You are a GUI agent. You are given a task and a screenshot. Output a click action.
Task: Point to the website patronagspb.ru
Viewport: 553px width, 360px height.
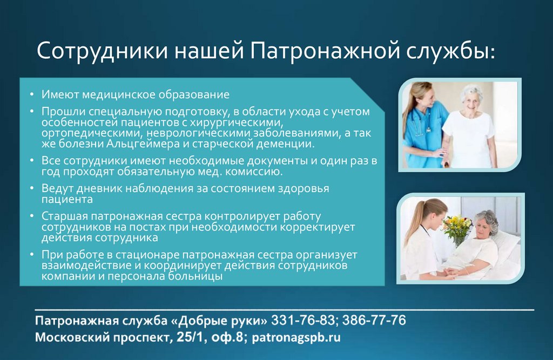(x=296, y=338)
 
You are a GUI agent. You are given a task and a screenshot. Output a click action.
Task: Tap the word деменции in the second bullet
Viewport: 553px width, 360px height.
(x=285, y=145)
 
